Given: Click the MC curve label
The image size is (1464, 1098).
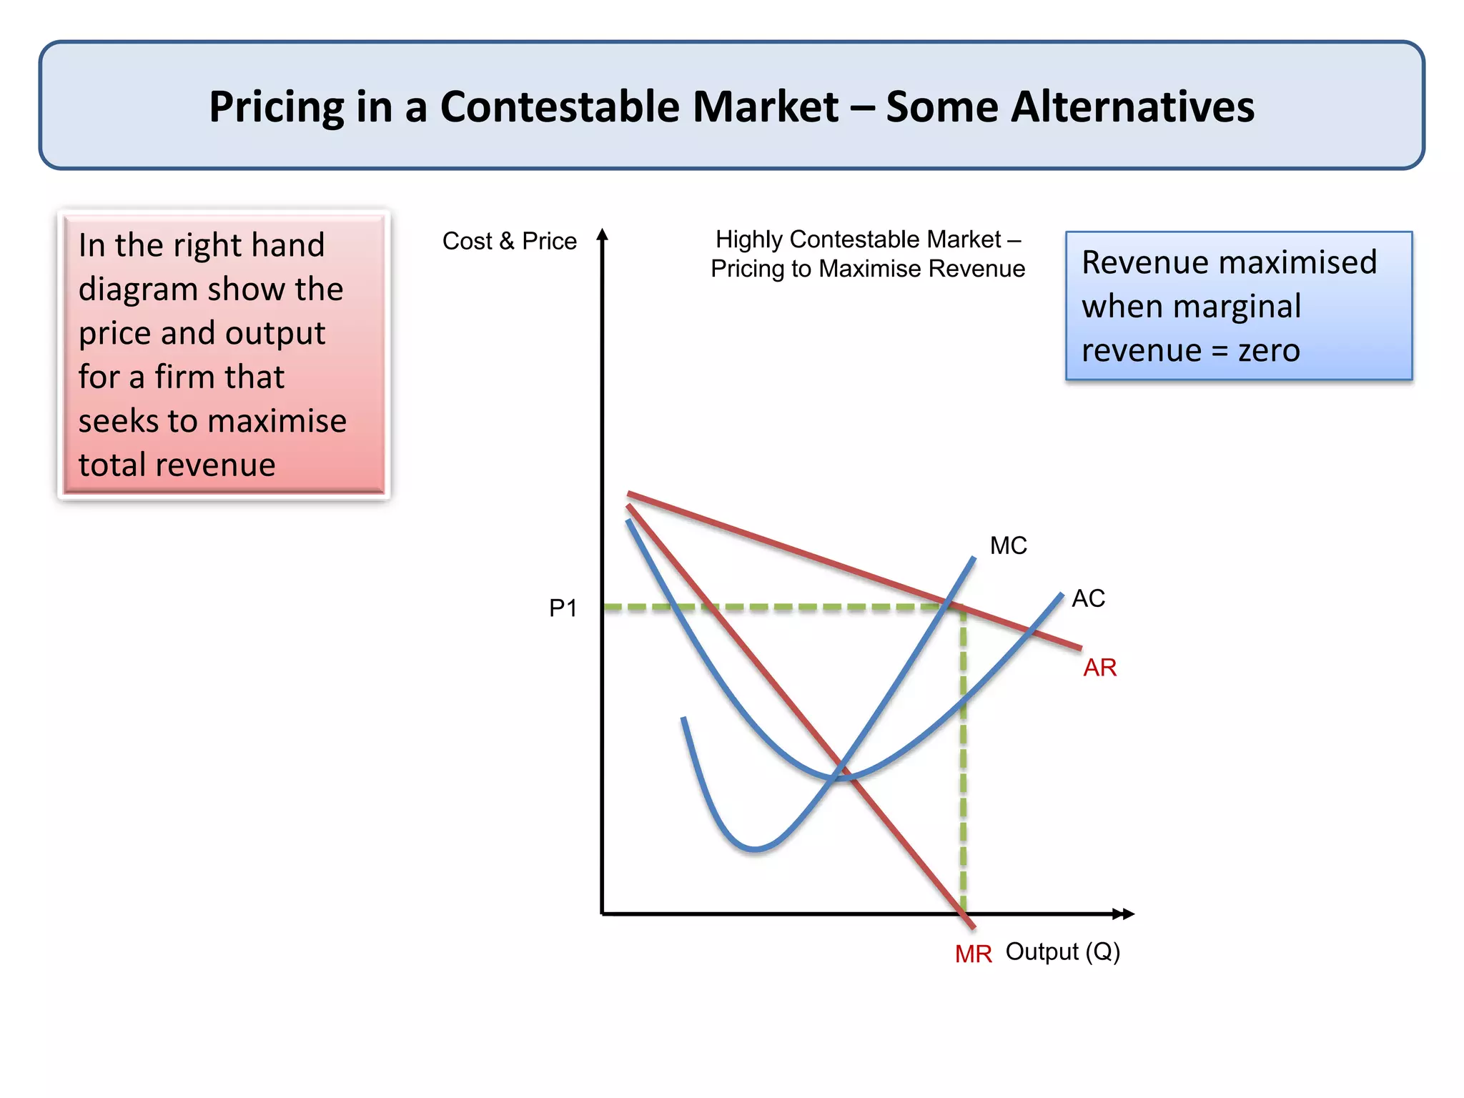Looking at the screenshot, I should (1008, 546).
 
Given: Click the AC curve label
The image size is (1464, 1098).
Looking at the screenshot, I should (1088, 598).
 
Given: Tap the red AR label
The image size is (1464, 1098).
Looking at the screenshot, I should (1099, 668).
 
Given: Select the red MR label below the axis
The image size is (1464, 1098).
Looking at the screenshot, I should (973, 954).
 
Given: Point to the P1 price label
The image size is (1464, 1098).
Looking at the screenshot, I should (563, 608).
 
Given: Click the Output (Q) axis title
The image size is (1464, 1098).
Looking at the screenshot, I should (1062, 952).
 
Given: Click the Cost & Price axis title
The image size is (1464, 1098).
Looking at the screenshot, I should (509, 242).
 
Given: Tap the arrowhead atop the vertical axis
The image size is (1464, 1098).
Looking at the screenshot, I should (603, 234).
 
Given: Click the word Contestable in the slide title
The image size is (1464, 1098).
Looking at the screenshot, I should (639, 107).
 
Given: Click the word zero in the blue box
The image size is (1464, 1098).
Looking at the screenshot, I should (1269, 351).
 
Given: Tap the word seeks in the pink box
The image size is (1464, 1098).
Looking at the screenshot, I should (119, 422).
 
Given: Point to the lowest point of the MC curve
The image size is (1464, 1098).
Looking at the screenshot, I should (756, 849).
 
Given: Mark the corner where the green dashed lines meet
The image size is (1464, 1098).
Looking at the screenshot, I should (963, 608).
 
